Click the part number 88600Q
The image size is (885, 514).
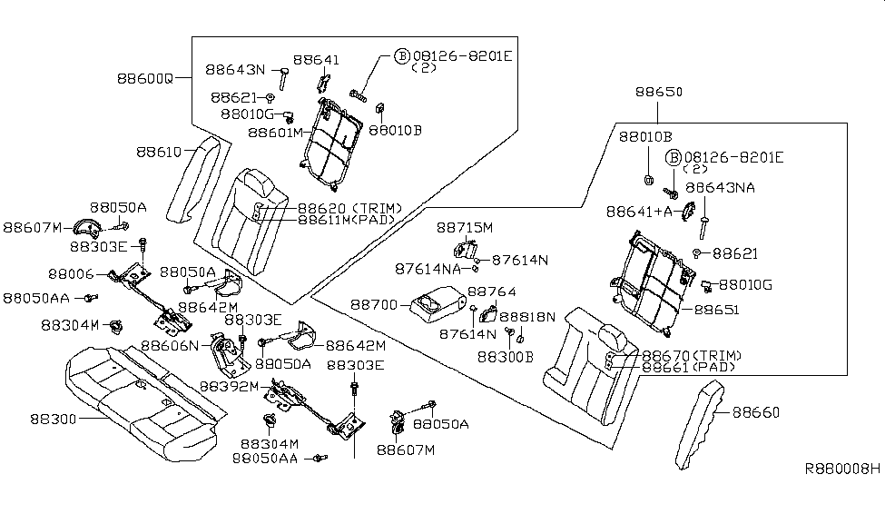point(144,78)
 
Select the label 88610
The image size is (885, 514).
point(160,152)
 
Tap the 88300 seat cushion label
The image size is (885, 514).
point(54,419)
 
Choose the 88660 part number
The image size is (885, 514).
point(756,412)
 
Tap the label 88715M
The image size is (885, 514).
point(464,227)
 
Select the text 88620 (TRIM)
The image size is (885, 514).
point(338,208)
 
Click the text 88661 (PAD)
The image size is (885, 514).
point(688,367)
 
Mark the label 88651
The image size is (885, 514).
point(717,309)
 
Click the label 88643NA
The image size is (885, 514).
point(720,187)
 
